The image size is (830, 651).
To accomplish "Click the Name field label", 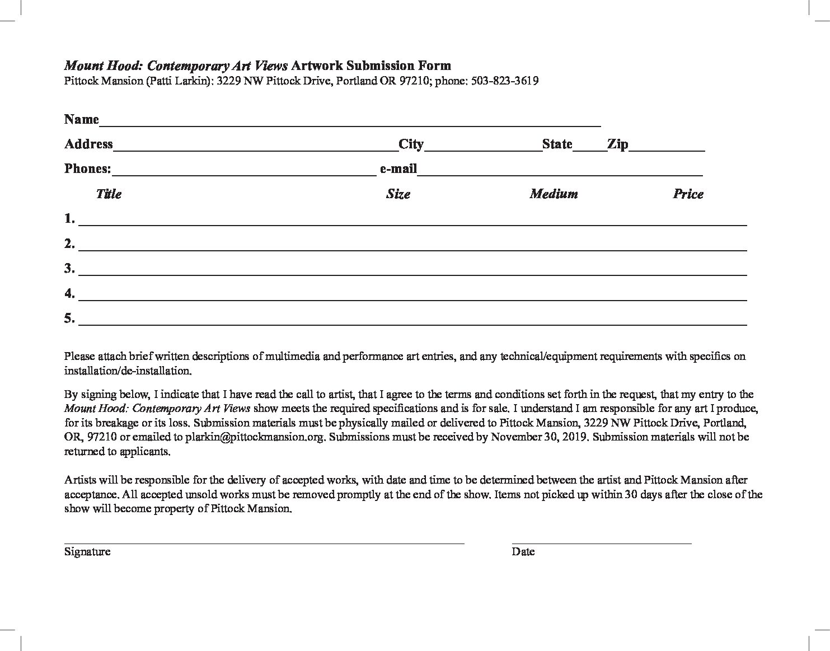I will tap(81, 119).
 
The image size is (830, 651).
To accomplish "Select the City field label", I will tap(411, 144).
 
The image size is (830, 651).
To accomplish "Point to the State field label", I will tap(557, 144).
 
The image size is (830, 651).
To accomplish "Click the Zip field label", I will tap(617, 144).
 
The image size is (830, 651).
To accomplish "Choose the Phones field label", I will tap(87, 169).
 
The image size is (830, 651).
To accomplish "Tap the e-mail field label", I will tap(398, 169).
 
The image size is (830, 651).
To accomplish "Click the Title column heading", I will tap(109, 194).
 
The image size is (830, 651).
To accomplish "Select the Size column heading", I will tap(398, 194).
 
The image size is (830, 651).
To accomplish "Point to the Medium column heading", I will tap(554, 194).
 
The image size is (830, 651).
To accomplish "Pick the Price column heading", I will tap(688, 194).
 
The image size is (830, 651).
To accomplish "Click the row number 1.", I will tap(69, 219).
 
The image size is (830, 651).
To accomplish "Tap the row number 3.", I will tap(69, 269).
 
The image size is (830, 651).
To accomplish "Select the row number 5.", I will tap(69, 319).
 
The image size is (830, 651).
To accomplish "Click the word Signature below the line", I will tap(87, 552).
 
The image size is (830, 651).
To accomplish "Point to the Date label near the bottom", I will tap(523, 552).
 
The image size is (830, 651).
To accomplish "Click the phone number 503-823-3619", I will tap(505, 81).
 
